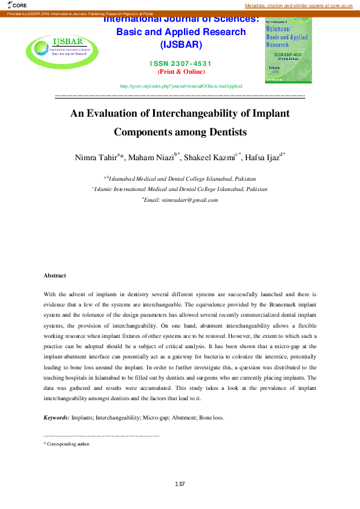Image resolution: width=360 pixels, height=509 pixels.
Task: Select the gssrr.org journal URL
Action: [181, 86]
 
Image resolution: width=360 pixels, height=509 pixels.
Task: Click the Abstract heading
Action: [54, 275]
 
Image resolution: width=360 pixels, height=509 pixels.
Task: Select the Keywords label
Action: [56, 418]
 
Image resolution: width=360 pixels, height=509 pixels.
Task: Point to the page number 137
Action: [180, 484]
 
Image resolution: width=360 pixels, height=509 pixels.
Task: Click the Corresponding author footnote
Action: [68, 444]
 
